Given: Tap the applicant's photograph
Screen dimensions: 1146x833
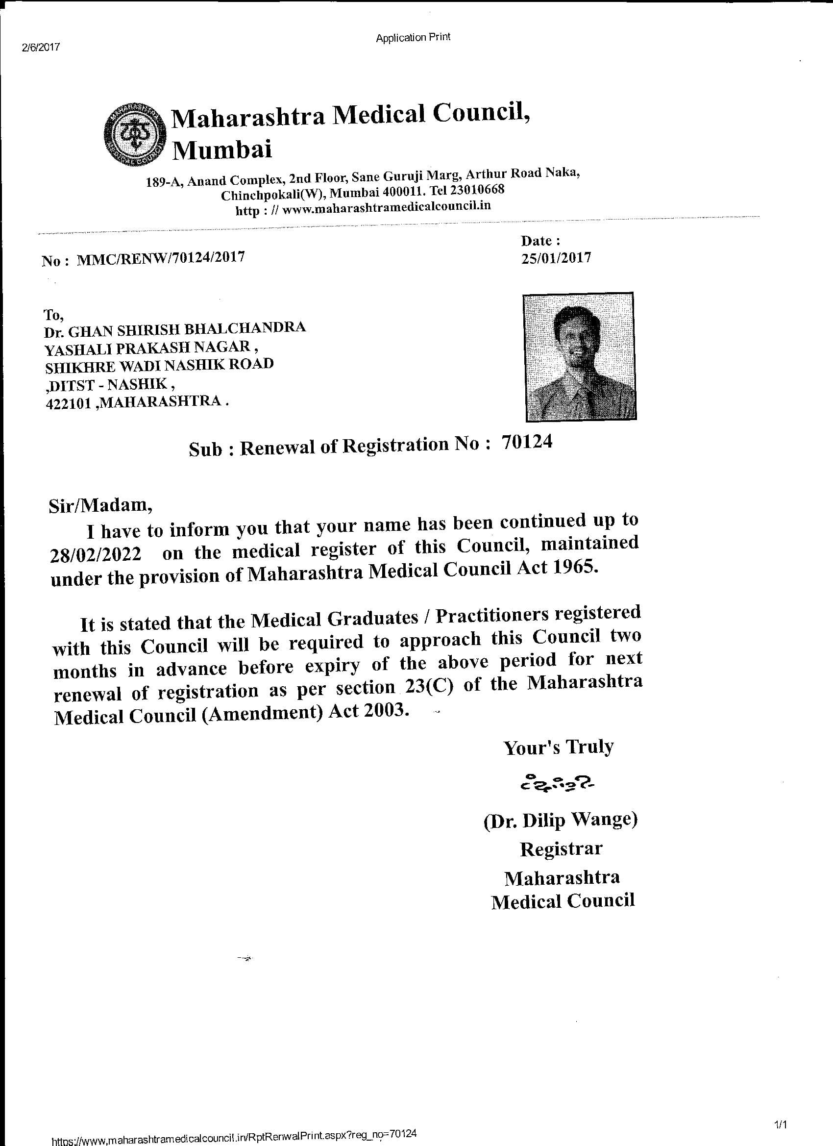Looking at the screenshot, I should pyautogui.click(x=579, y=357).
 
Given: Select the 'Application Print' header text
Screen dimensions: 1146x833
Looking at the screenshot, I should pyautogui.click(x=413, y=37).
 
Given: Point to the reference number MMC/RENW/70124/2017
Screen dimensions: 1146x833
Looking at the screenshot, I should pyautogui.click(x=161, y=258).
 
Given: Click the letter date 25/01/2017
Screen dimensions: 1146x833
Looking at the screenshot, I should pyautogui.click(x=556, y=258).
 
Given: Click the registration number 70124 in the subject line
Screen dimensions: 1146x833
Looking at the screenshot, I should pyautogui.click(x=527, y=442).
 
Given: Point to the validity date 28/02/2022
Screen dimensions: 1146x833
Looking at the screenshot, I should pyautogui.click(x=96, y=555).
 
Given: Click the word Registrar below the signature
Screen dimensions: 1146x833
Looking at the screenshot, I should pyautogui.click(x=561, y=849).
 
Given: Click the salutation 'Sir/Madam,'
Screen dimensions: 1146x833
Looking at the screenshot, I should pyautogui.click(x=100, y=506).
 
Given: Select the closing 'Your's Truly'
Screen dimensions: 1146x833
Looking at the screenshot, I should pyautogui.click(x=558, y=747).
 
